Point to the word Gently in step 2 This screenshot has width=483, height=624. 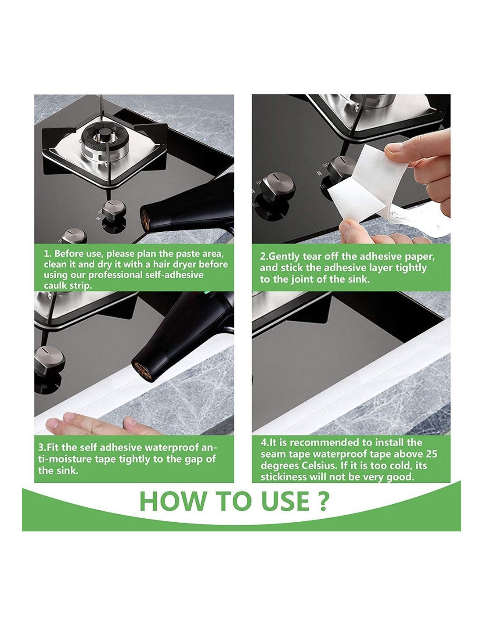285,256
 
